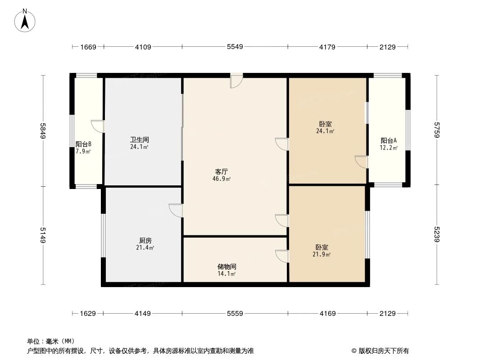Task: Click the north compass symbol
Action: [25, 20]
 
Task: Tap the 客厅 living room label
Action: [221, 171]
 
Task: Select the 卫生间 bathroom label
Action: [139, 139]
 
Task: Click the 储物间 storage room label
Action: [226, 266]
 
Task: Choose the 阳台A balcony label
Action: [389, 140]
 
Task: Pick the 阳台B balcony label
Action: [83, 144]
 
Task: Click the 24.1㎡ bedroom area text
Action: [325, 131]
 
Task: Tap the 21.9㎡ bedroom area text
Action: [322, 255]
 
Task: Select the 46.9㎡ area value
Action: [222, 179]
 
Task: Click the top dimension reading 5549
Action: [235, 46]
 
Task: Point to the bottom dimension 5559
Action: [235, 313]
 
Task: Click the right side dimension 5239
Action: [436, 234]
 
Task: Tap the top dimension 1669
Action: [88, 46]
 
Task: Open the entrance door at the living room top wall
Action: [236, 80]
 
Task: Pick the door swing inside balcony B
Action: [98, 126]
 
